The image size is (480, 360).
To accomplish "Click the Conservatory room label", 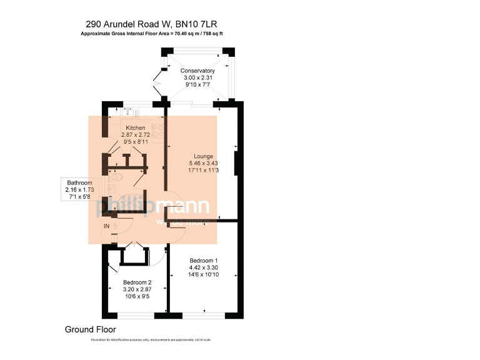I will pos(197,71).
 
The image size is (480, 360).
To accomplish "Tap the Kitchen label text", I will pos(135,127).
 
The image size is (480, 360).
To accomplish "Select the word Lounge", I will pos(203,156).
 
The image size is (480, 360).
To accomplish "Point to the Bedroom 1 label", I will pos(203,260).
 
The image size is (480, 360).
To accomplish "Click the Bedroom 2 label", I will pos(137,282).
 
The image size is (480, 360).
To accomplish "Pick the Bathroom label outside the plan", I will pos(79,182).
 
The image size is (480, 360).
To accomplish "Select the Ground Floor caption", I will pos(90,329).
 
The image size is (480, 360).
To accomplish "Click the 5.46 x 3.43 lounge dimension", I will pos(203,163).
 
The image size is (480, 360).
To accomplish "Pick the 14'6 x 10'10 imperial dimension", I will pos(203,274).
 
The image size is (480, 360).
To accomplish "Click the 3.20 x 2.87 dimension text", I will pos(137,289).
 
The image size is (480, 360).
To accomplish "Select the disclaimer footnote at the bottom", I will pos(151,339).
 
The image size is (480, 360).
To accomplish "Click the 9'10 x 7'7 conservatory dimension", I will pos(197,85).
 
